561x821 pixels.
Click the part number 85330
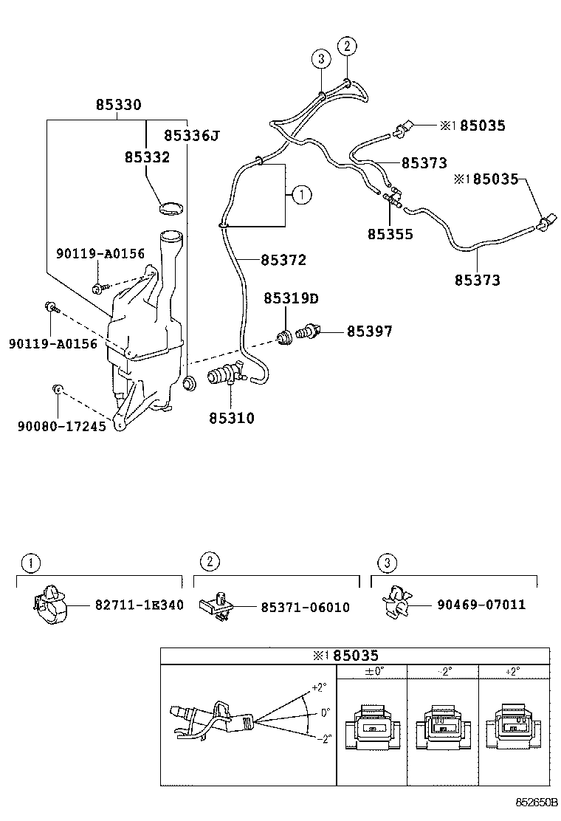118,106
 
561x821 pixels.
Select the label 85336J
192,135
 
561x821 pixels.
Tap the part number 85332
147,157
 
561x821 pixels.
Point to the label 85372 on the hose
283,260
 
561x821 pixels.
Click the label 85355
390,234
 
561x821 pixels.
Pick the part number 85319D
291,298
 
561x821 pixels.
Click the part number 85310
231,418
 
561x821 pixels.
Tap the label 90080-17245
61,425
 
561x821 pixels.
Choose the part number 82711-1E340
140,605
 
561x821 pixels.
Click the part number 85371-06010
305,607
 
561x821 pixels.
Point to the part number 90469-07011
481,605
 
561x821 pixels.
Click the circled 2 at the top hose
347,46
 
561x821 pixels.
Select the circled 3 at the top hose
320,58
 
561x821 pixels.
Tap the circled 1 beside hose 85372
301,195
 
